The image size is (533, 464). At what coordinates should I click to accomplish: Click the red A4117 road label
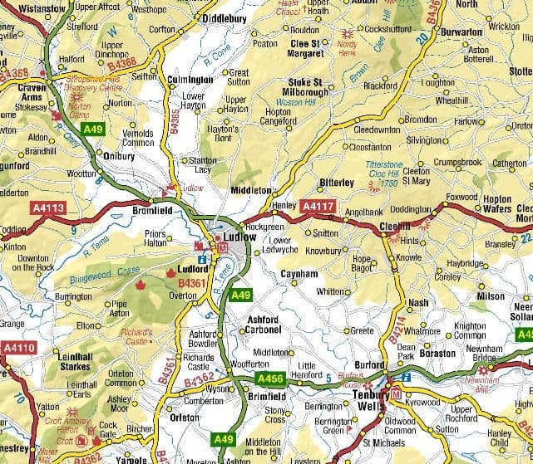[318, 206]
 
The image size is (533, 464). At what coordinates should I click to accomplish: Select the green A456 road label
[272, 379]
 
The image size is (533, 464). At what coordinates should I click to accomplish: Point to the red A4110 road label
[18, 348]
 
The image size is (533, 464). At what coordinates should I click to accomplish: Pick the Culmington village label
[190, 80]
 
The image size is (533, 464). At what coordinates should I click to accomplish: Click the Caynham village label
[299, 273]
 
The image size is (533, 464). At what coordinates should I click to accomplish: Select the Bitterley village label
[337, 183]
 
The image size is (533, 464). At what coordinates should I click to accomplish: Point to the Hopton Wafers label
[497, 204]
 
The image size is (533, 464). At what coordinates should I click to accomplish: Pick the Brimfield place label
[266, 397]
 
